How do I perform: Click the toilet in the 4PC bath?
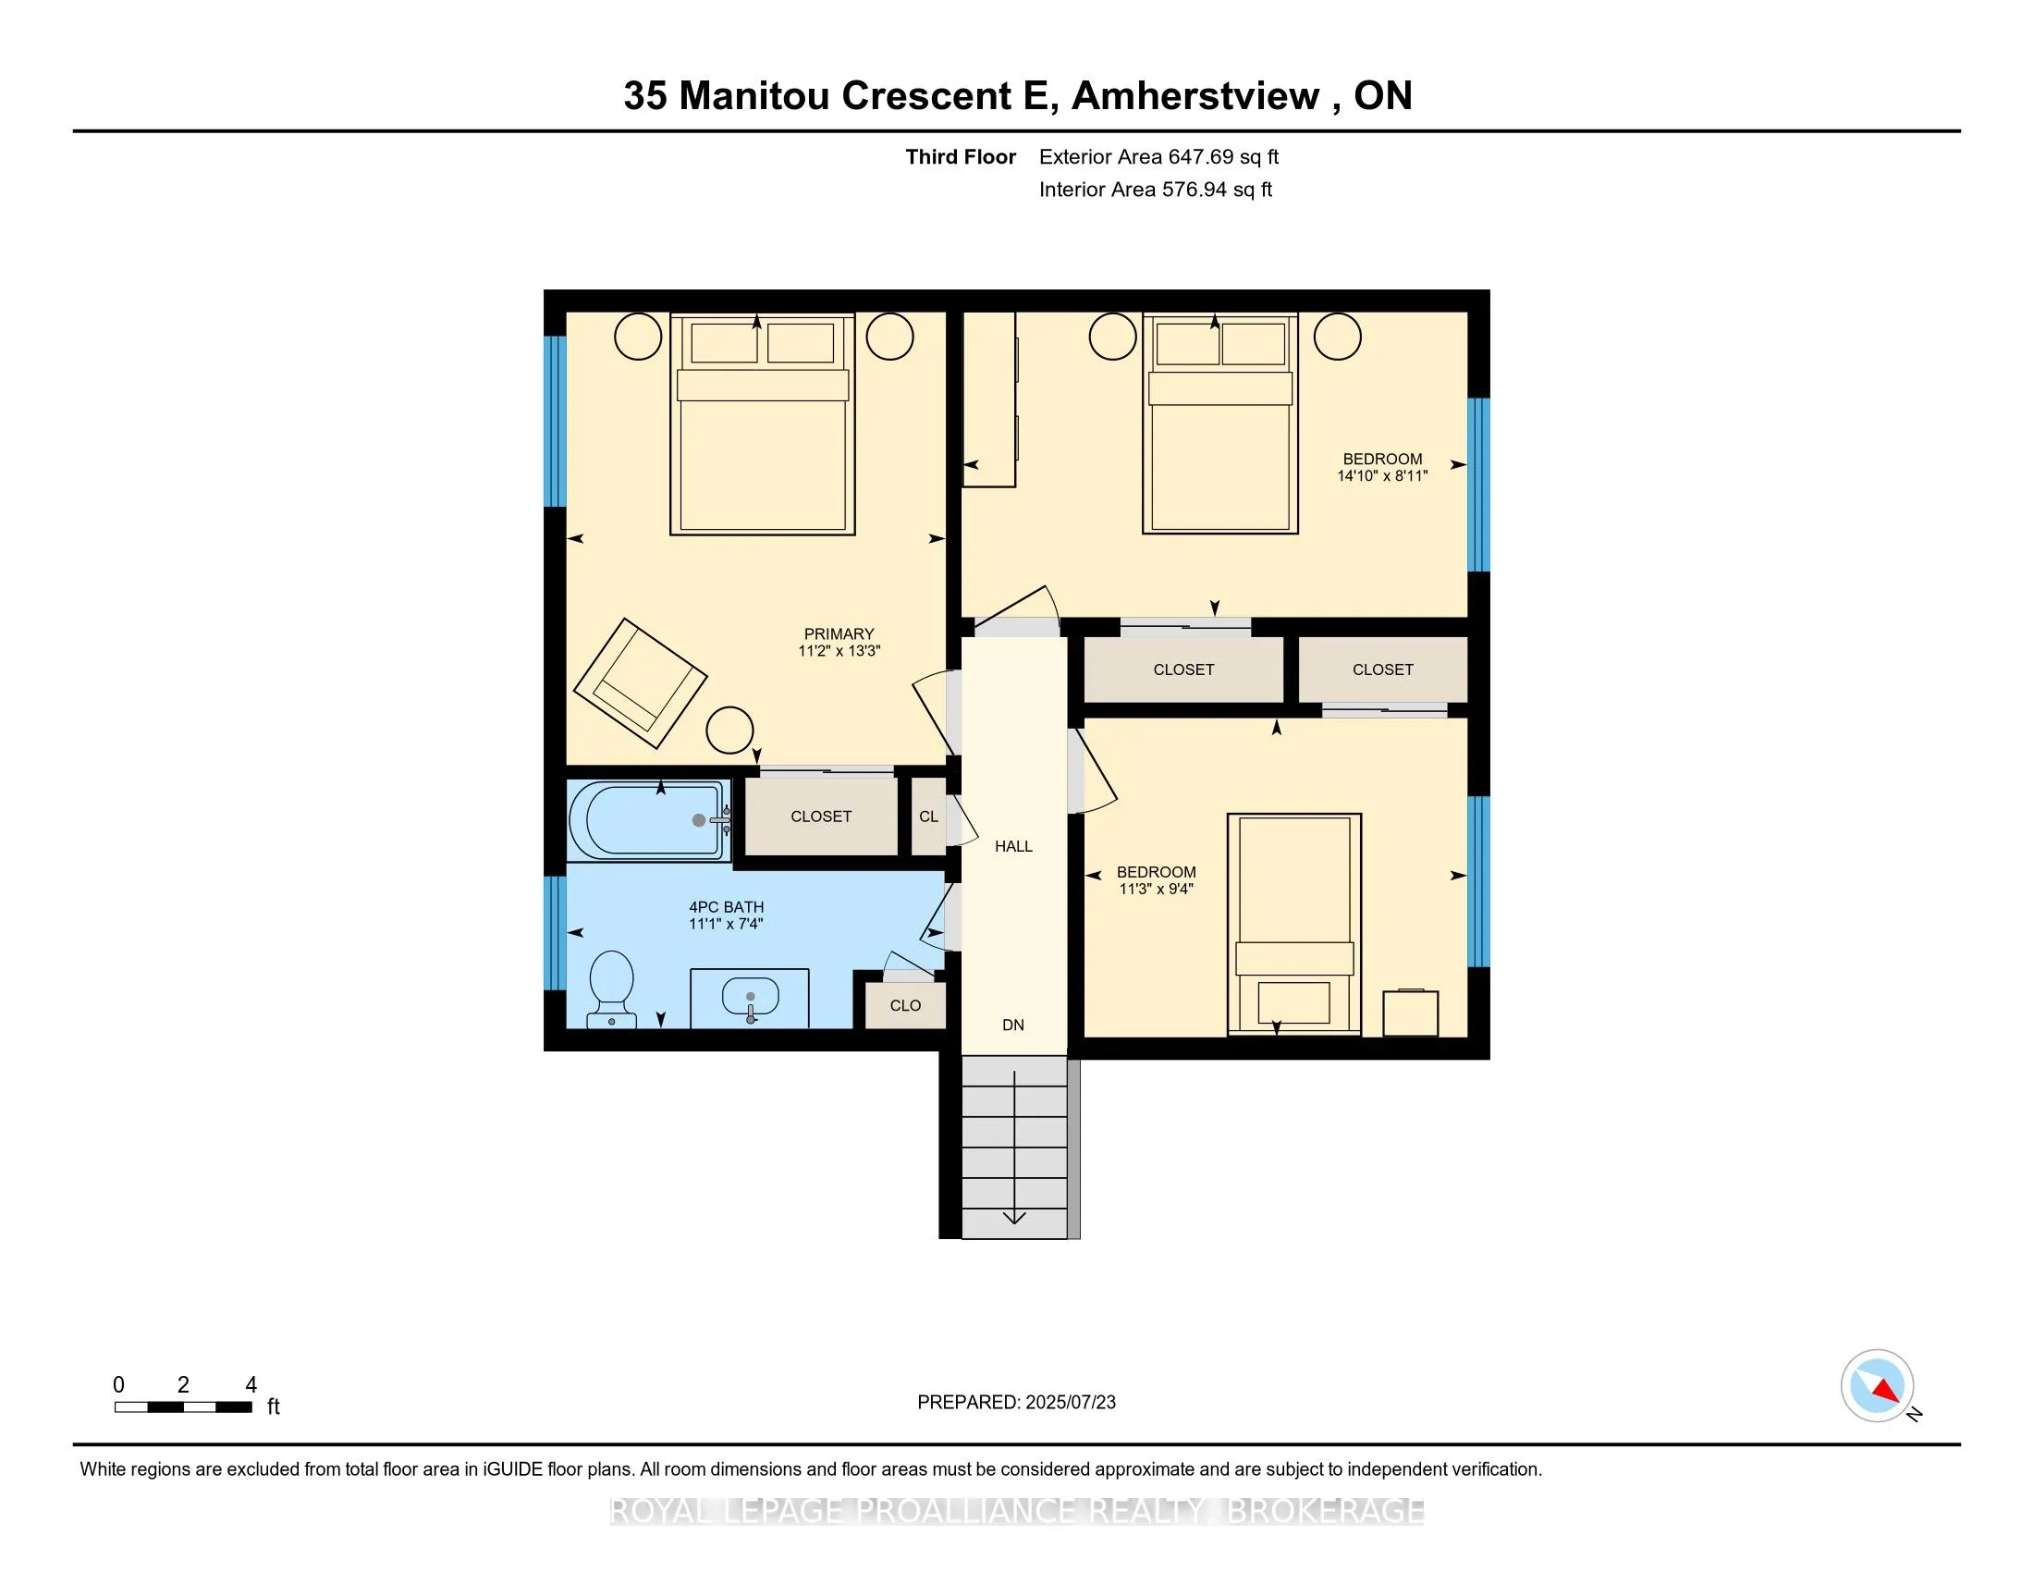pos(612,989)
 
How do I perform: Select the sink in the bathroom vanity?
pos(751,999)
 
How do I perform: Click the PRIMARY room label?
pos(839,634)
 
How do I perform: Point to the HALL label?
pos(1013,846)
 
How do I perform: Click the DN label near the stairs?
pos(1013,1025)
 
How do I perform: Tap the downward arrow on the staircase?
pos(1014,1215)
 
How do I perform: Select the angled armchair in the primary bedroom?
pos(639,682)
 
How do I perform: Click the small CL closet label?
pos(928,817)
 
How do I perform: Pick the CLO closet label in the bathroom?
pos(905,1006)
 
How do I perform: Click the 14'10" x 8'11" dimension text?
pos(1382,476)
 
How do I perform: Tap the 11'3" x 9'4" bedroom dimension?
pos(1156,890)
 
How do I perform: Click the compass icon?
pos(1877,1385)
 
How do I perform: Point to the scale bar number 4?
pos(251,1385)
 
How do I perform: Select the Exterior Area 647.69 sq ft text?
pos(1158,157)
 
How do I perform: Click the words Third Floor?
pos(961,157)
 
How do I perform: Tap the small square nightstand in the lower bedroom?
pos(1410,1013)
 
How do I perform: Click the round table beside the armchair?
pos(729,731)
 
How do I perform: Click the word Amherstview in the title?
pos(1195,96)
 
